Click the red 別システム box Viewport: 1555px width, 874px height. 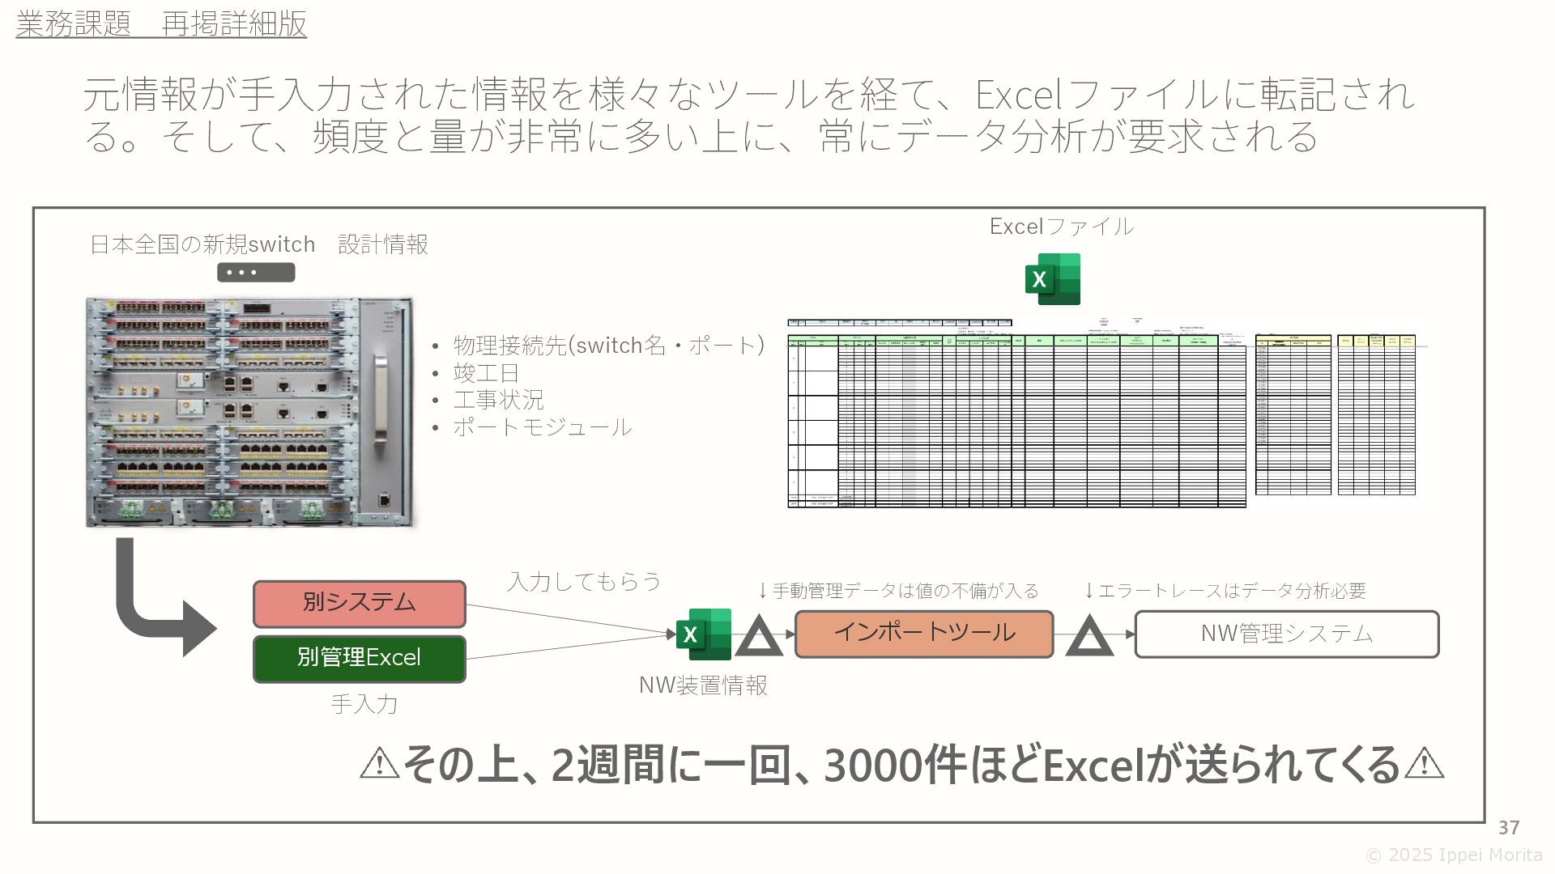coord(359,604)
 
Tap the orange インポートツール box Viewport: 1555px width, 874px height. coord(923,634)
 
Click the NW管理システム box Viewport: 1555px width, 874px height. coord(1286,634)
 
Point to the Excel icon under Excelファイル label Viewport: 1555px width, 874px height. coord(1052,279)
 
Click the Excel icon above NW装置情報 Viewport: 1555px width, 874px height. coord(703,634)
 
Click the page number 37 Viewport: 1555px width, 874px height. coord(1508,827)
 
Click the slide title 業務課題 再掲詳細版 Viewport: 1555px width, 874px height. coord(161,24)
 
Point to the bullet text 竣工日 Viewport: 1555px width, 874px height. coord(486,373)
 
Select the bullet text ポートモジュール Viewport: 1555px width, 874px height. coord(542,426)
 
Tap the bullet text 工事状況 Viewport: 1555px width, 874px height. coord(498,400)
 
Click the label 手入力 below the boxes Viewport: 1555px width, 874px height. coord(364,704)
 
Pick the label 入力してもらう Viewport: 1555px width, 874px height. coord(584,581)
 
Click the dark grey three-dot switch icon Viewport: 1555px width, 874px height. coord(255,273)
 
